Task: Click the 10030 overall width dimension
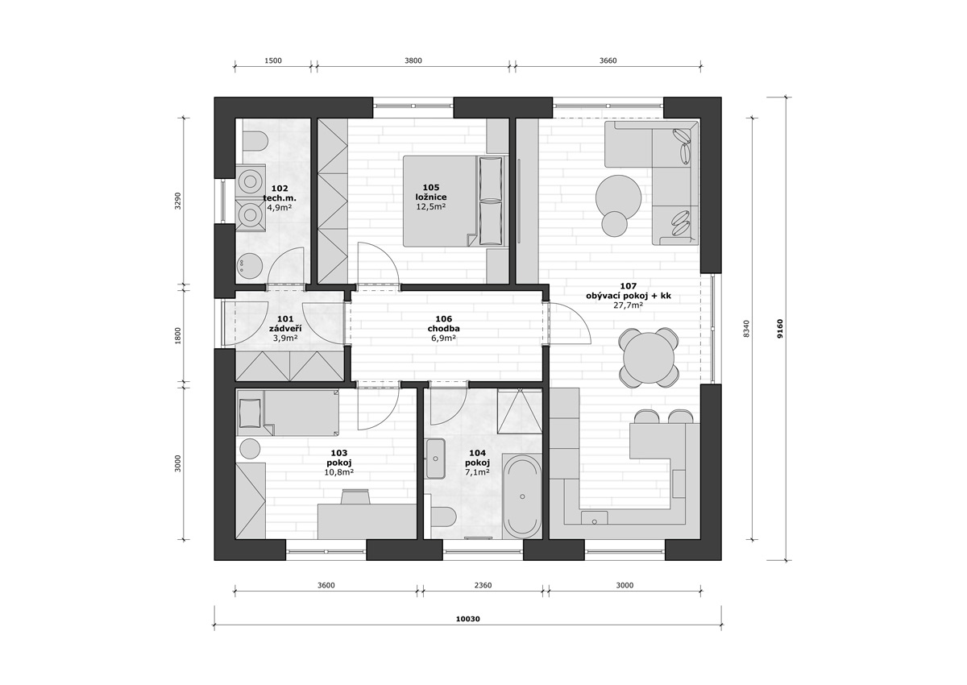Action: pos(468,619)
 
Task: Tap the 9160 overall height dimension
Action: pos(779,329)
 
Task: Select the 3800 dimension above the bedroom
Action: pos(413,61)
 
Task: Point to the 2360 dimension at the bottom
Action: pos(483,585)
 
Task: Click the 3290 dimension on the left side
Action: pos(178,201)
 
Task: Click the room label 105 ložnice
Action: pos(431,192)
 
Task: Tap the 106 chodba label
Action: pos(444,324)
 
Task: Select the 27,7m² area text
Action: pos(629,305)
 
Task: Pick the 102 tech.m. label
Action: pos(280,193)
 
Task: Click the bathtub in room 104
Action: pos(522,496)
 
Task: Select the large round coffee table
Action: pos(618,197)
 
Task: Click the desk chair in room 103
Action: pos(355,496)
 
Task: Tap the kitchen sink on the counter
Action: pos(594,518)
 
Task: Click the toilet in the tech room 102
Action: pos(255,141)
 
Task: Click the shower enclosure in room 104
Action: pos(519,410)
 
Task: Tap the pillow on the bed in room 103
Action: pos(250,413)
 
